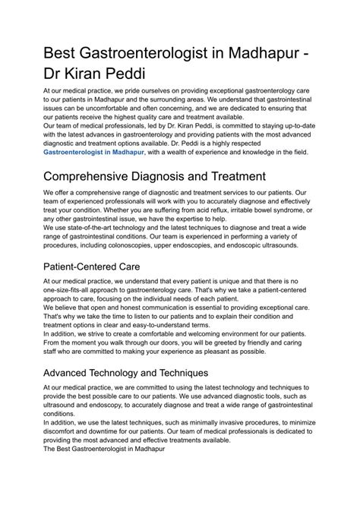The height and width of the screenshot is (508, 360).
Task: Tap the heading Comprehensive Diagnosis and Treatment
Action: (154, 177)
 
